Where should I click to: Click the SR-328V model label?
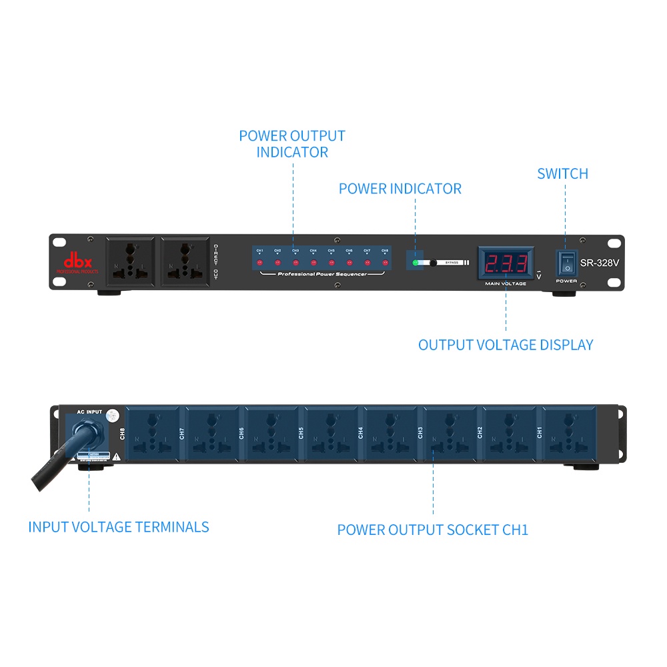coord(599,263)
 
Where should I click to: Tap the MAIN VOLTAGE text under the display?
coord(506,283)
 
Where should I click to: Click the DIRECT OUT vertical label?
coord(215,261)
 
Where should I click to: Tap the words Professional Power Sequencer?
coord(322,274)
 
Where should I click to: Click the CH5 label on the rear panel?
coord(301,433)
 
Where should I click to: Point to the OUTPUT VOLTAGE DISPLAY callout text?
coord(505,345)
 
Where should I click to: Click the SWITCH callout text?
coord(562,174)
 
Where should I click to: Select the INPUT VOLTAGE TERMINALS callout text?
coord(118,527)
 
